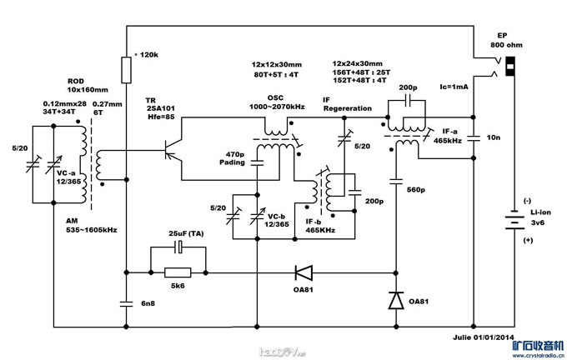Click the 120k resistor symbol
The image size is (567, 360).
[x=126, y=71]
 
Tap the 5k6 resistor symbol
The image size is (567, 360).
[x=177, y=272]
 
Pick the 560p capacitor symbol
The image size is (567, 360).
[x=394, y=188]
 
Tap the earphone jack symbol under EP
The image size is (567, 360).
[x=500, y=67]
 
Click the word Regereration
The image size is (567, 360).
[x=348, y=108]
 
